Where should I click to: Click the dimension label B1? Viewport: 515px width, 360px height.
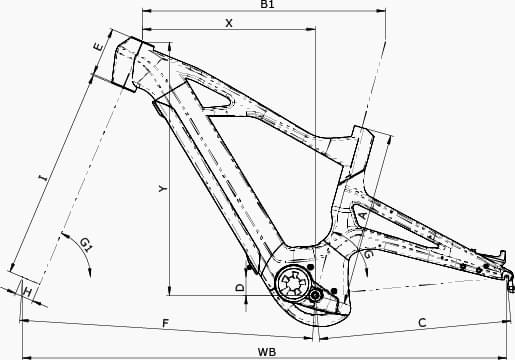click(267, 4)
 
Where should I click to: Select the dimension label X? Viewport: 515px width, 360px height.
click(229, 23)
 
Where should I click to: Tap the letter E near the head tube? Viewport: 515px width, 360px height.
click(98, 47)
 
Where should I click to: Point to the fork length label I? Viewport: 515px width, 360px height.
click(43, 177)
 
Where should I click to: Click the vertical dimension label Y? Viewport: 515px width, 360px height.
click(163, 189)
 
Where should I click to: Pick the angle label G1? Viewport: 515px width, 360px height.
click(86, 245)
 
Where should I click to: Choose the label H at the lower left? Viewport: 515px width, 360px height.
click(28, 292)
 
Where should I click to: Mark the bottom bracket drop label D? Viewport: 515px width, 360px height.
click(240, 287)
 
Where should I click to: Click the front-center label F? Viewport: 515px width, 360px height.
click(166, 323)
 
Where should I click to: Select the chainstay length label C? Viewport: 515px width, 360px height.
click(422, 323)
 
